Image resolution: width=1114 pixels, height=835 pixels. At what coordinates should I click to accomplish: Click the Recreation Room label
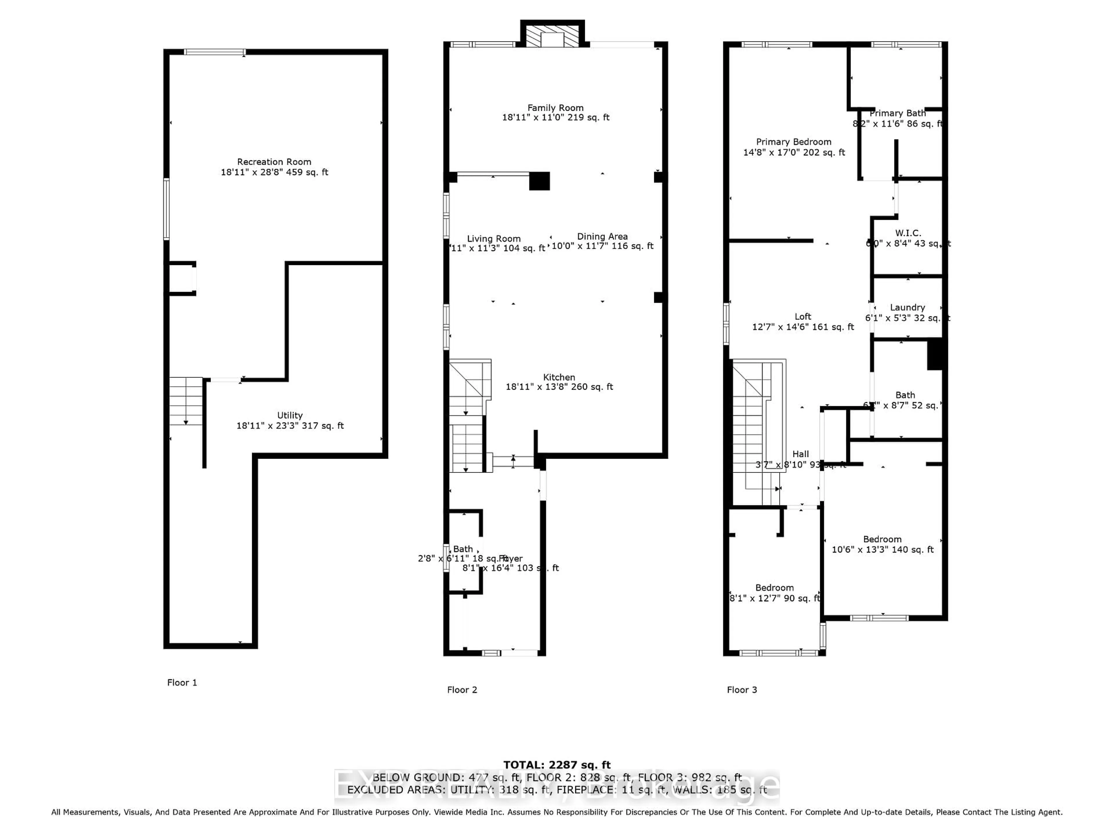click(x=274, y=161)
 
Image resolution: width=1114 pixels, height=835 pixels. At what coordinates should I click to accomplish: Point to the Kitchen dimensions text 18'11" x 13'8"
click(x=559, y=386)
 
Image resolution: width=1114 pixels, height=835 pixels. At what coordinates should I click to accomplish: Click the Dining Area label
click(x=602, y=236)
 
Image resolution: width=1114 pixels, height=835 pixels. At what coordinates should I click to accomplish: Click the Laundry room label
click(x=907, y=307)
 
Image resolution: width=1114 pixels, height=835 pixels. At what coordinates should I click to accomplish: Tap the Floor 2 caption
click(x=462, y=689)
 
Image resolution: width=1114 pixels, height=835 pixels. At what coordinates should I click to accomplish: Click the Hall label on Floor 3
click(x=800, y=454)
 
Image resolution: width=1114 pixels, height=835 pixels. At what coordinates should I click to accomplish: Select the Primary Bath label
click(x=898, y=113)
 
